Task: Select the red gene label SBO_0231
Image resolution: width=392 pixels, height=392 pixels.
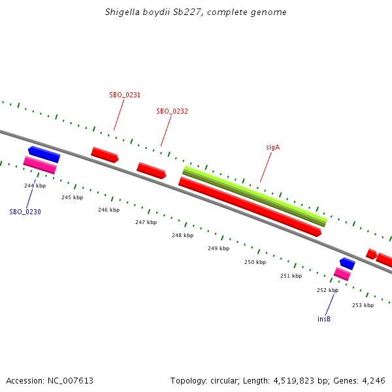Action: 125,95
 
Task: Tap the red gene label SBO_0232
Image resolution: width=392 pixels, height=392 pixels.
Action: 172,111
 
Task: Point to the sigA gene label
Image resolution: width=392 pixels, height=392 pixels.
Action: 272,148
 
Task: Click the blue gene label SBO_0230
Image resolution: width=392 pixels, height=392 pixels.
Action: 25,212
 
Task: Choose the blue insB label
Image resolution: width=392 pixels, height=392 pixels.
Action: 324,319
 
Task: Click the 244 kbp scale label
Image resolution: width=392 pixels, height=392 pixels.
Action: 35,186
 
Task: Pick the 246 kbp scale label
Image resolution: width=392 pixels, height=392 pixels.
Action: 108,210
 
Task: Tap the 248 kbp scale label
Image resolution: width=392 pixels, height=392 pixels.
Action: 182,235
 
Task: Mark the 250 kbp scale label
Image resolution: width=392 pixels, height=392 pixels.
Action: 255,262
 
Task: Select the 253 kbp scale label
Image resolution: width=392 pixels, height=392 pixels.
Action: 363,305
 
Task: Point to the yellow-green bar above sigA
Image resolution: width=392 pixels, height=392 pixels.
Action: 254,194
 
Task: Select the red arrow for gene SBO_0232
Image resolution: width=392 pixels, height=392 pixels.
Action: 151,171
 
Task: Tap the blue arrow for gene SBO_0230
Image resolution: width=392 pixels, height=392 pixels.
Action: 44,154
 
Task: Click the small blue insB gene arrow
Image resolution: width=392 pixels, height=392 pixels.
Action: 348,263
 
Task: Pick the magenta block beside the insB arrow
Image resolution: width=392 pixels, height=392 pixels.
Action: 342,274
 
